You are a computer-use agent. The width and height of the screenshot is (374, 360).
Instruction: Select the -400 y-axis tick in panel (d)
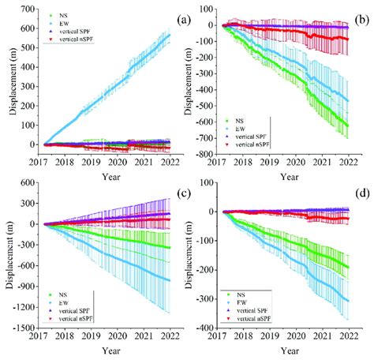[209, 328]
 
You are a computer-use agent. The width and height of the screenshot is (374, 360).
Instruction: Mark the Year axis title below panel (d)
[291, 351]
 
